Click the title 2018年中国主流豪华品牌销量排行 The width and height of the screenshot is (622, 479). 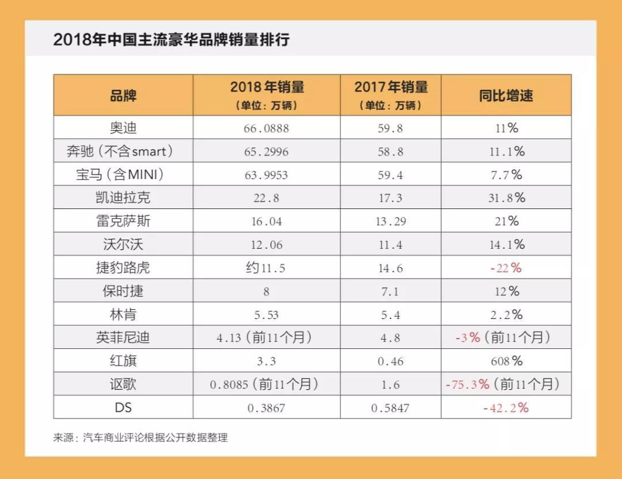click(x=171, y=40)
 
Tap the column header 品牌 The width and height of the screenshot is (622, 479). click(x=123, y=95)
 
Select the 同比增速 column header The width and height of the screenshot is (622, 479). click(x=506, y=95)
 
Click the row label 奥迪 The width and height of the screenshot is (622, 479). click(x=123, y=128)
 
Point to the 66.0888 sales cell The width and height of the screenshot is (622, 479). click(x=266, y=128)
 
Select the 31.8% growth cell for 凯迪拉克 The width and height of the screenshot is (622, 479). click(x=506, y=198)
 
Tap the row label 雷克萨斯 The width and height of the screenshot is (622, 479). click(x=123, y=221)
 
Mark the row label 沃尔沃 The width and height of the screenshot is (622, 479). click(x=123, y=245)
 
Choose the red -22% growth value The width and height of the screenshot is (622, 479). click(x=506, y=268)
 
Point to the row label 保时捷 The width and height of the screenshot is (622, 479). click(x=123, y=291)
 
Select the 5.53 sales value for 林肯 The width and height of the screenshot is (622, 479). click(x=266, y=315)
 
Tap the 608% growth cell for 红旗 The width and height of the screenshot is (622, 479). click(x=506, y=362)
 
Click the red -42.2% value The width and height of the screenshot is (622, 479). click(x=506, y=408)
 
